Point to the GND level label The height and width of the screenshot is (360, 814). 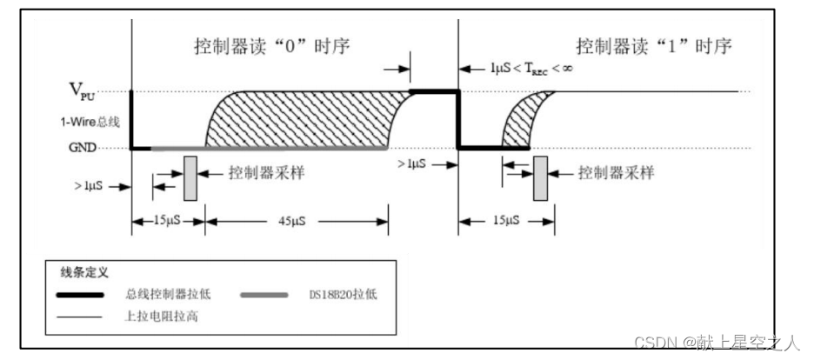pos(83,148)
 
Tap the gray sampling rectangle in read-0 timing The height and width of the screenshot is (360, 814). pos(190,178)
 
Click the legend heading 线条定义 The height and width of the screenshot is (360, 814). pos(84,273)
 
